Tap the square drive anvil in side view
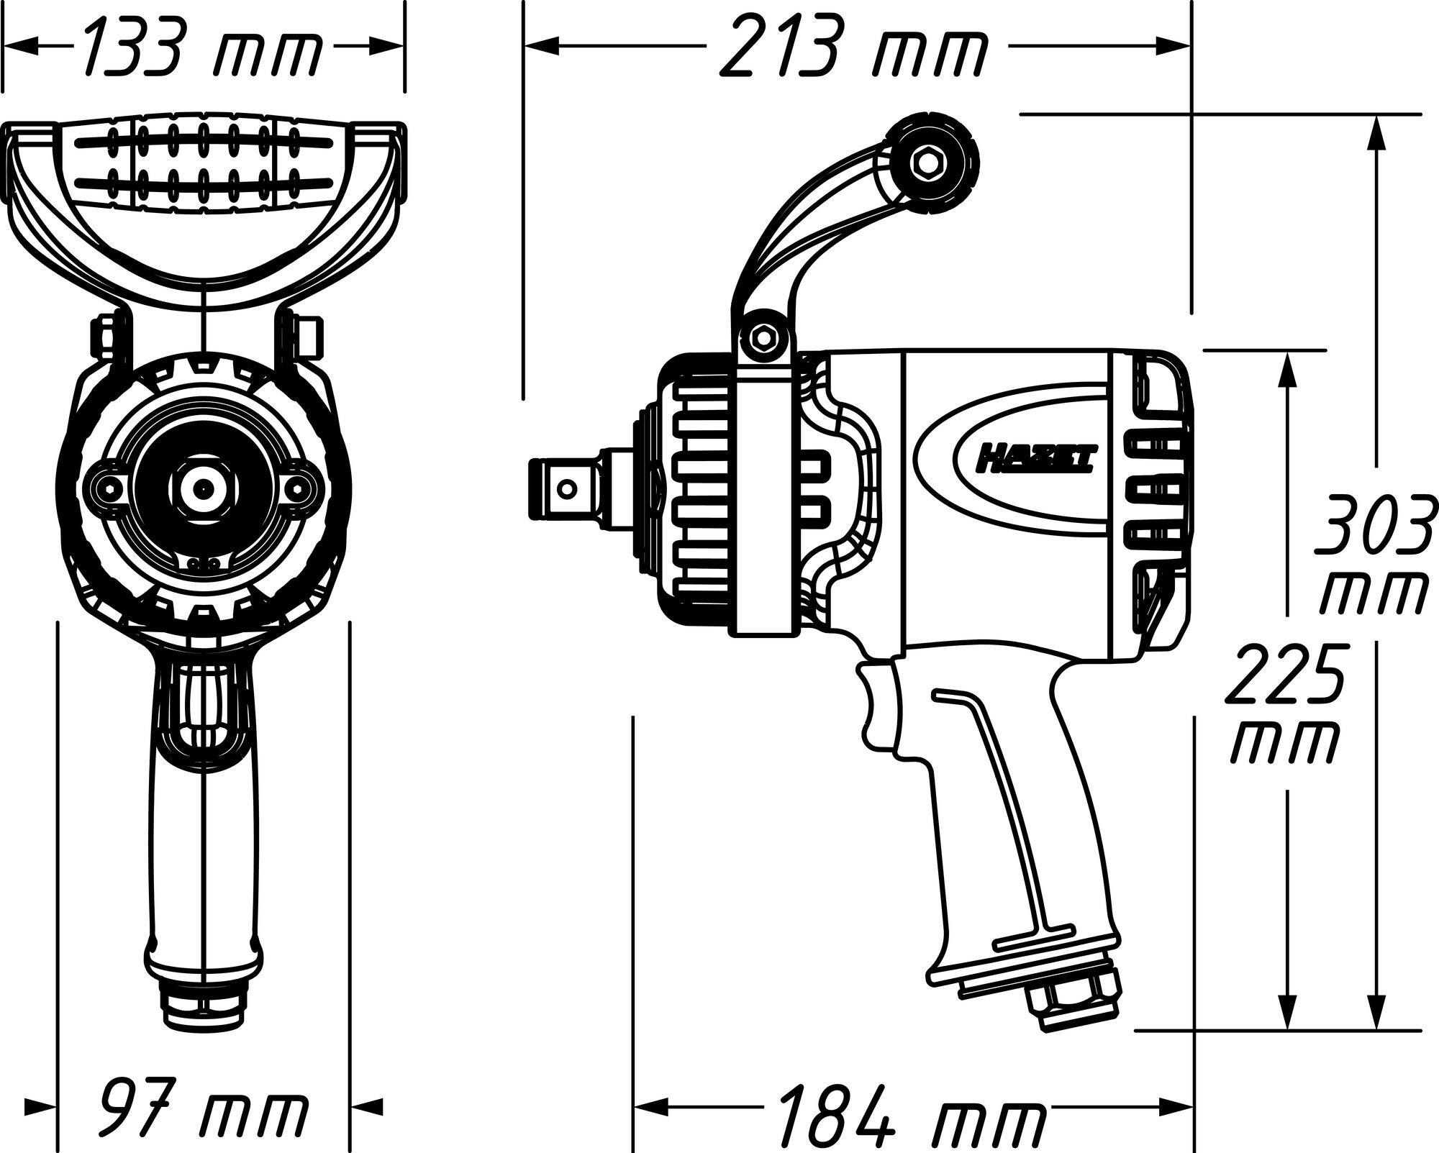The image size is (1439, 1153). tap(568, 489)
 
